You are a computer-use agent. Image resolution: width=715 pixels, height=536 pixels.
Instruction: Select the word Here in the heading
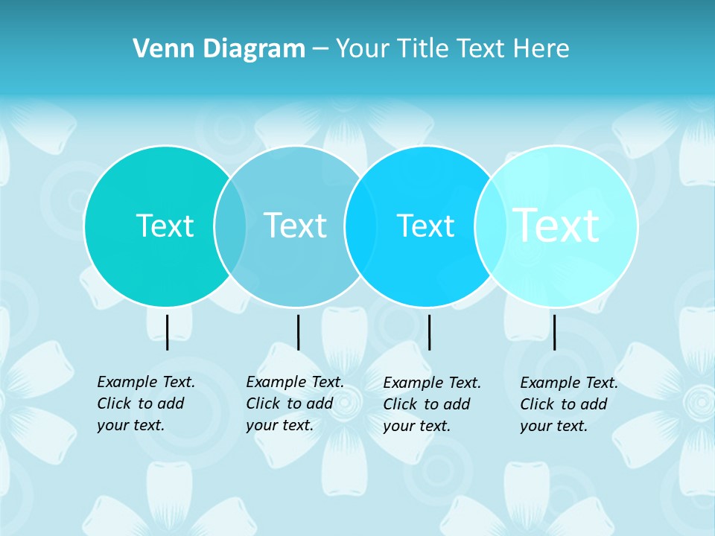pyautogui.click(x=542, y=49)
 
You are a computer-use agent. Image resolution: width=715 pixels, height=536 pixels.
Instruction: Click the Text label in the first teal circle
pyautogui.click(x=165, y=226)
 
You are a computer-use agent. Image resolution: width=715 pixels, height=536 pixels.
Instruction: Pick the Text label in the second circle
pyautogui.click(x=295, y=226)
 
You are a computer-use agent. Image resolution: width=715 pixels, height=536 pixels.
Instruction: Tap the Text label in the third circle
pyautogui.click(x=425, y=226)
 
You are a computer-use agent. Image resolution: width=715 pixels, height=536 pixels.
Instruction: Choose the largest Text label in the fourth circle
pyautogui.click(x=556, y=225)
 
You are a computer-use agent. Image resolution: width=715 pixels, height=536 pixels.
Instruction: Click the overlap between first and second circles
pyautogui.click(x=230, y=226)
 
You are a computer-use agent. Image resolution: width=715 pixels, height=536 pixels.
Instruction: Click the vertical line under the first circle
pyautogui.click(x=167, y=332)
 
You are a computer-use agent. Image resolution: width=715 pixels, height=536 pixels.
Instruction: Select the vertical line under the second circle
pyautogui.click(x=298, y=332)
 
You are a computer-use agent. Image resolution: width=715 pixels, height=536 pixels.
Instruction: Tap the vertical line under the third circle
pyautogui.click(x=429, y=332)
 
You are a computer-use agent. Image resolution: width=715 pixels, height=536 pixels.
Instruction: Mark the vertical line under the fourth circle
pyautogui.click(x=554, y=332)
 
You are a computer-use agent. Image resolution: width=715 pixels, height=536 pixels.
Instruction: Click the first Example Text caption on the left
pyautogui.click(x=145, y=403)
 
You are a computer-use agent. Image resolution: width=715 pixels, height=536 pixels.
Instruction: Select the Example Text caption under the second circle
pyautogui.click(x=294, y=403)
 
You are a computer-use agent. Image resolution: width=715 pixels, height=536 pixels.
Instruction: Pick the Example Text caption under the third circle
pyautogui.click(x=431, y=404)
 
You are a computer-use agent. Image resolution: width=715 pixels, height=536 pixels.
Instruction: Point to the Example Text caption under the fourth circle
pyautogui.click(x=568, y=404)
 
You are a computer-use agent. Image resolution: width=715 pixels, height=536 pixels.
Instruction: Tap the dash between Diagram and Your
pyautogui.click(x=320, y=49)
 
